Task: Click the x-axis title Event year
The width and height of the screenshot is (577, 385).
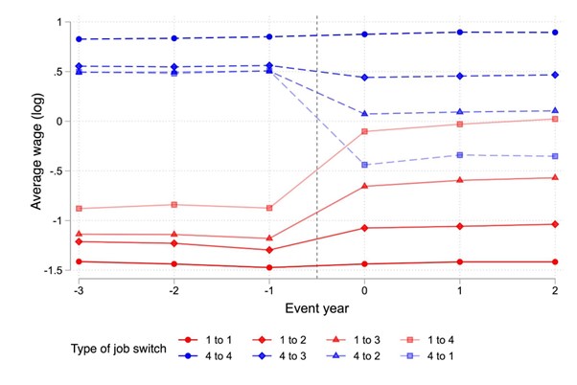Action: click(317, 308)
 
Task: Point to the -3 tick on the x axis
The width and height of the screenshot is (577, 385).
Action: click(79, 289)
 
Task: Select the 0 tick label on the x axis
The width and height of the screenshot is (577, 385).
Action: click(365, 289)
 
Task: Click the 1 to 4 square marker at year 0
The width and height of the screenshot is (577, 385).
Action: click(365, 131)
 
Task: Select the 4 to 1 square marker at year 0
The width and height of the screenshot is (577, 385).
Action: click(365, 165)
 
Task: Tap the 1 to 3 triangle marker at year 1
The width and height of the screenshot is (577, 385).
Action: click(461, 180)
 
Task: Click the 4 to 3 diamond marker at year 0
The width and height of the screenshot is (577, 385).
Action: click(365, 78)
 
